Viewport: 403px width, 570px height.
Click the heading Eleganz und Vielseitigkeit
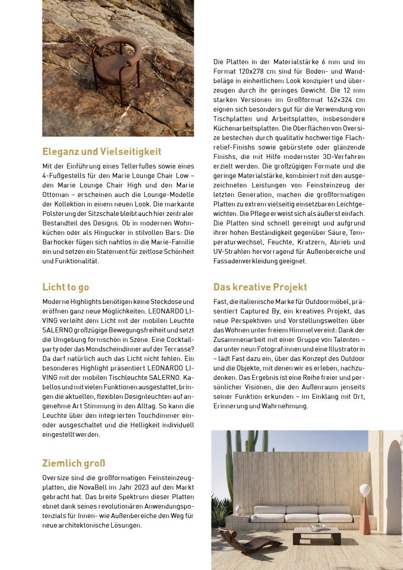(x=102, y=151)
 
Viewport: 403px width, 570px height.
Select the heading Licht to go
(x=66, y=287)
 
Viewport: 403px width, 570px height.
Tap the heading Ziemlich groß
(x=74, y=463)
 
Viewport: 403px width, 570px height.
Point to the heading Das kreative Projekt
(x=260, y=287)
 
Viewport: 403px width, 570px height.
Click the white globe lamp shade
(x=365, y=490)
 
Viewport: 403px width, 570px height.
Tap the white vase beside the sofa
(x=239, y=509)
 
